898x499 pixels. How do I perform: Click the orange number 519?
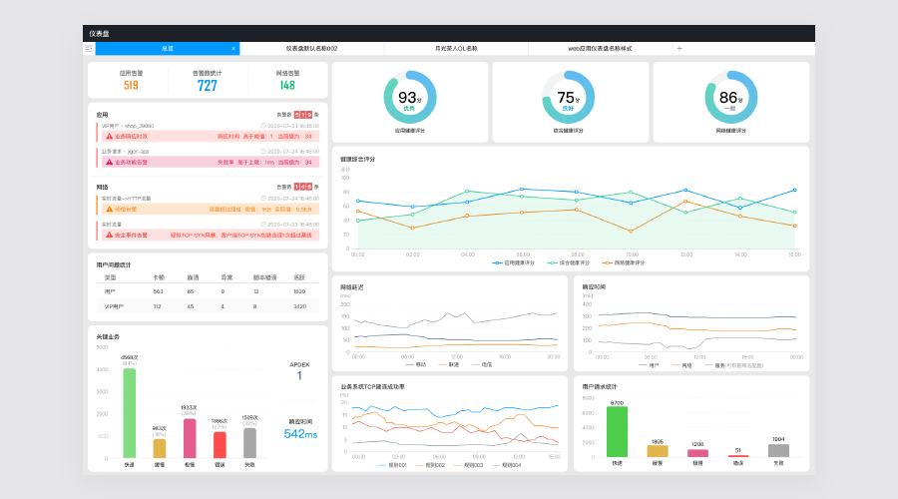(x=131, y=86)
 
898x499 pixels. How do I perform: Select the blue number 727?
(x=208, y=86)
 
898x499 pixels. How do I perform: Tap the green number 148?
(x=287, y=86)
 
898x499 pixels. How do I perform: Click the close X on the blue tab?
(x=233, y=48)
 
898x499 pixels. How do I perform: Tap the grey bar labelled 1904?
(x=778, y=450)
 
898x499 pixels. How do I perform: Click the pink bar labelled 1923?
(x=190, y=437)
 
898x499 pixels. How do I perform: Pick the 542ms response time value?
(x=299, y=434)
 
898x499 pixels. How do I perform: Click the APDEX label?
(x=299, y=364)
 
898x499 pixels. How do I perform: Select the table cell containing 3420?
(x=299, y=306)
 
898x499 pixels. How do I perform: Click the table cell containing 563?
(x=158, y=290)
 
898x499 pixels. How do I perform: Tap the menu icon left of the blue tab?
(x=89, y=48)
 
